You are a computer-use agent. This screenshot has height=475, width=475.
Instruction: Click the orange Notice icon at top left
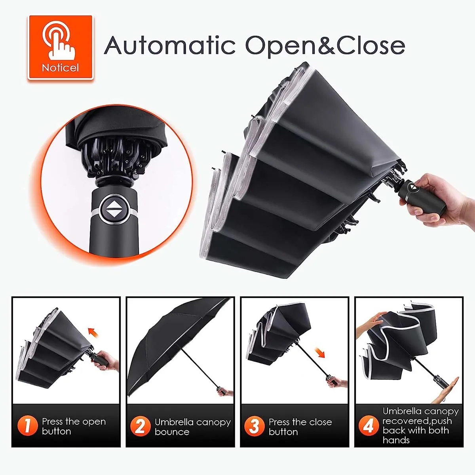click(61, 47)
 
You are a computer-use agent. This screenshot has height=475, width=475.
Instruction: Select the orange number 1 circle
click(27, 426)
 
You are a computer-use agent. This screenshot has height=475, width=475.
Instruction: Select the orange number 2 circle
click(140, 426)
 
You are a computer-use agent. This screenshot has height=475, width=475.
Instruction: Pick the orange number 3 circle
click(254, 426)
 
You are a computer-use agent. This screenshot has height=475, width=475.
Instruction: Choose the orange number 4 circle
click(368, 426)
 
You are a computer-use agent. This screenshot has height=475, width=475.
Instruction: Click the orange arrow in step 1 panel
click(93, 331)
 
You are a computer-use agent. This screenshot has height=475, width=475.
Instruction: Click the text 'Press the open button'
click(74, 426)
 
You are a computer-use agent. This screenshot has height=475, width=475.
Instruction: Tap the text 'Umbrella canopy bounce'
click(192, 427)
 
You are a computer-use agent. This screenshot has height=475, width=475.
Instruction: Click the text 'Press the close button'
click(300, 427)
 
